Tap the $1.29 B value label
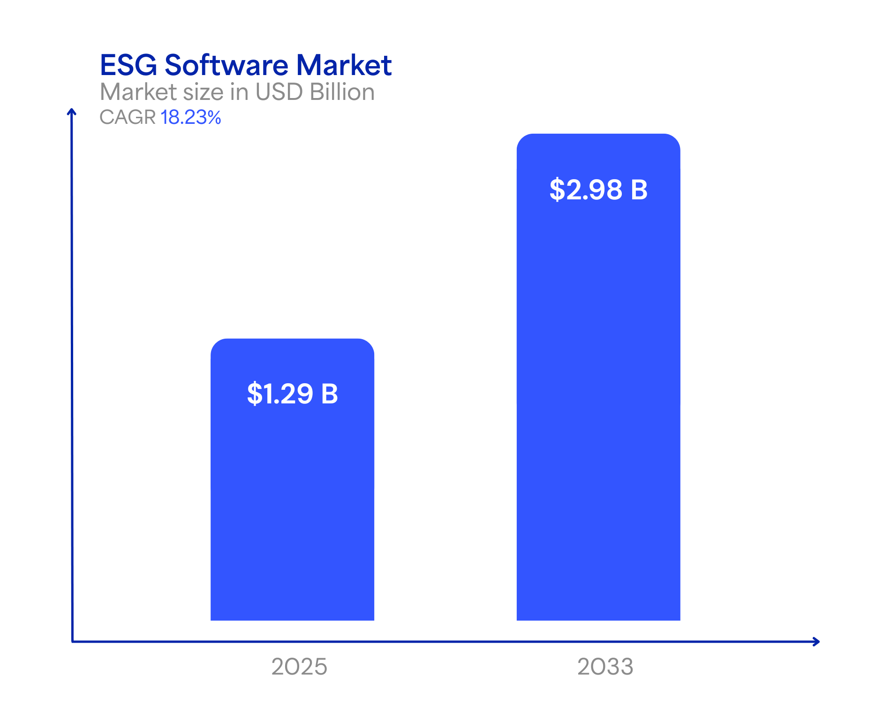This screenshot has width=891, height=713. [292, 394]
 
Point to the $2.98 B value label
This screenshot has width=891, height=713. [598, 190]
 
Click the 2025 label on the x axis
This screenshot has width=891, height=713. [299, 667]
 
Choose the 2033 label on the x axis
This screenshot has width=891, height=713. [605, 667]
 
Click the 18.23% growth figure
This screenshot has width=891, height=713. [190, 117]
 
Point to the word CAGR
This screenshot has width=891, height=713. [128, 117]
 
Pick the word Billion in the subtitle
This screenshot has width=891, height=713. [342, 92]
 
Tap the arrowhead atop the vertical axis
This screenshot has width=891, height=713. [71, 111]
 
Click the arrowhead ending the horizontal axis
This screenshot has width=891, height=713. [816, 641]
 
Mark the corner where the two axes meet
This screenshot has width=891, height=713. [73, 641]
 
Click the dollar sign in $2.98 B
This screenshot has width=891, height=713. [557, 190]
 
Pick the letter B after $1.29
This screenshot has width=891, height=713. [329, 394]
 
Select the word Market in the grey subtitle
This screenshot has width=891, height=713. [138, 92]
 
